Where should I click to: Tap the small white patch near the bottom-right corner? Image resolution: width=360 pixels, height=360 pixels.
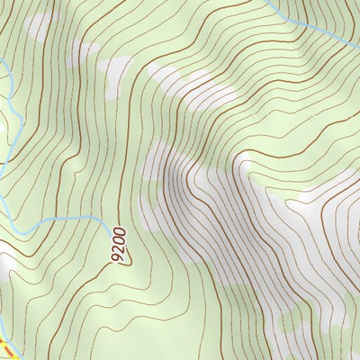pos(337,315)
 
